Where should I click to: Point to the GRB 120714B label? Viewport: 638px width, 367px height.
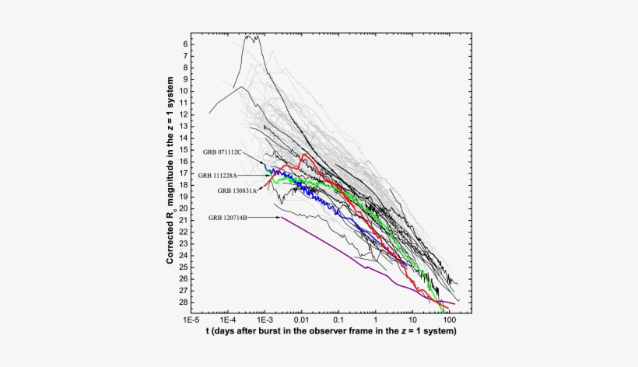click(x=228, y=218)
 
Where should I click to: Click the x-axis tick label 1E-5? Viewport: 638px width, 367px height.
click(x=191, y=320)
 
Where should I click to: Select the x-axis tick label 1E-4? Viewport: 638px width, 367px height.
click(x=228, y=320)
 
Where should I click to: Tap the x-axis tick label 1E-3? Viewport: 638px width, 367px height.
click(x=265, y=320)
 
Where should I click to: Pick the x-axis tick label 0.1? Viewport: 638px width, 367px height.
click(x=338, y=320)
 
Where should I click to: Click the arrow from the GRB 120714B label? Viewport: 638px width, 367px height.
click(x=265, y=218)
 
